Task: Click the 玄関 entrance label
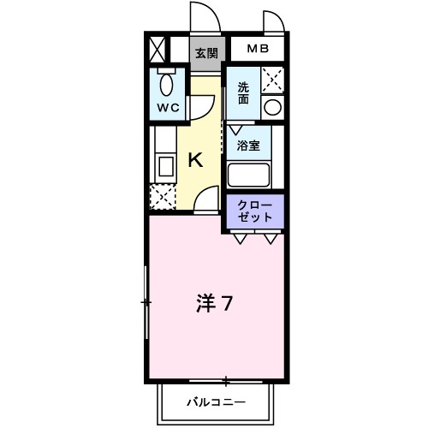pos(205,52)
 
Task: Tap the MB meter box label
pos(258,50)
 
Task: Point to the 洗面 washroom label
pos(244,91)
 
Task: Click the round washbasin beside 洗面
pos(272,107)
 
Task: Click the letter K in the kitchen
pos(195,160)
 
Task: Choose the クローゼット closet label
pos(254,211)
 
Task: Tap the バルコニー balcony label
pos(217,401)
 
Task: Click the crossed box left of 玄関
pos(158,48)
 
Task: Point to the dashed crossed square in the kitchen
pos(162,197)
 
